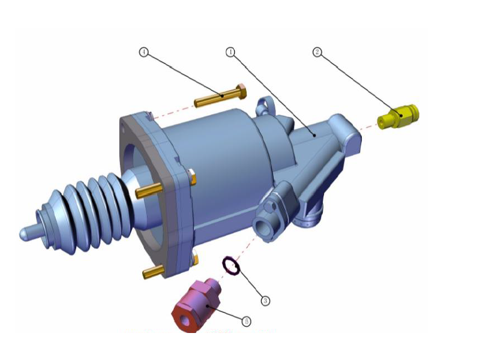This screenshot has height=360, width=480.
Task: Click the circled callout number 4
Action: [x=143, y=52]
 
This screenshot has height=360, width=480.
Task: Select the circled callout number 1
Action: [x=230, y=52]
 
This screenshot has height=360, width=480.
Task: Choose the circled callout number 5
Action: [x=245, y=322]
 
